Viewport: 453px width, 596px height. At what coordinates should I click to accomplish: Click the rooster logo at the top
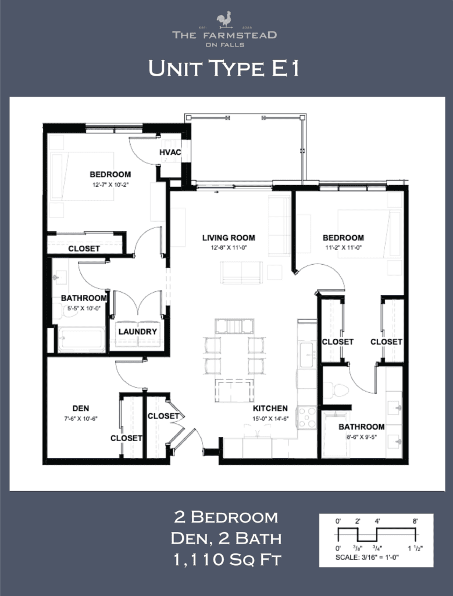coord(224,20)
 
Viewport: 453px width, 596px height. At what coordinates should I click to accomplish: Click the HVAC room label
coord(170,152)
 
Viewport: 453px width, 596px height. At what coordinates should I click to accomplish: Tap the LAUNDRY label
coord(138,332)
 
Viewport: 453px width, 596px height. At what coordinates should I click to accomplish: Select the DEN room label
coord(81,408)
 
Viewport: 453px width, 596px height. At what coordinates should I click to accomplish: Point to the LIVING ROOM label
coord(229,237)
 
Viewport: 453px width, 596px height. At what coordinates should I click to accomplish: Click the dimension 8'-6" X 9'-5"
coord(362,437)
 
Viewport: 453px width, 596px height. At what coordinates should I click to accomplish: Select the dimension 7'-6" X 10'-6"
coord(81,418)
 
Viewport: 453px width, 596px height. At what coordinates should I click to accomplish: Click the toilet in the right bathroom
coord(335,389)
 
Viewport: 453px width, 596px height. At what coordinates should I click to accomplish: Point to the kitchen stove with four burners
coord(306,417)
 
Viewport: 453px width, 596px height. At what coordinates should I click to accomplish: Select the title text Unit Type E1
coord(224,68)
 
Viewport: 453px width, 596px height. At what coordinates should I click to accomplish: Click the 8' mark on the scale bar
coord(415,521)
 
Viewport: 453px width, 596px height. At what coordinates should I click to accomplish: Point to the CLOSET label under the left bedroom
coord(84,249)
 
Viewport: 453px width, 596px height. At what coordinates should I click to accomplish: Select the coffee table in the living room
coord(241,272)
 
